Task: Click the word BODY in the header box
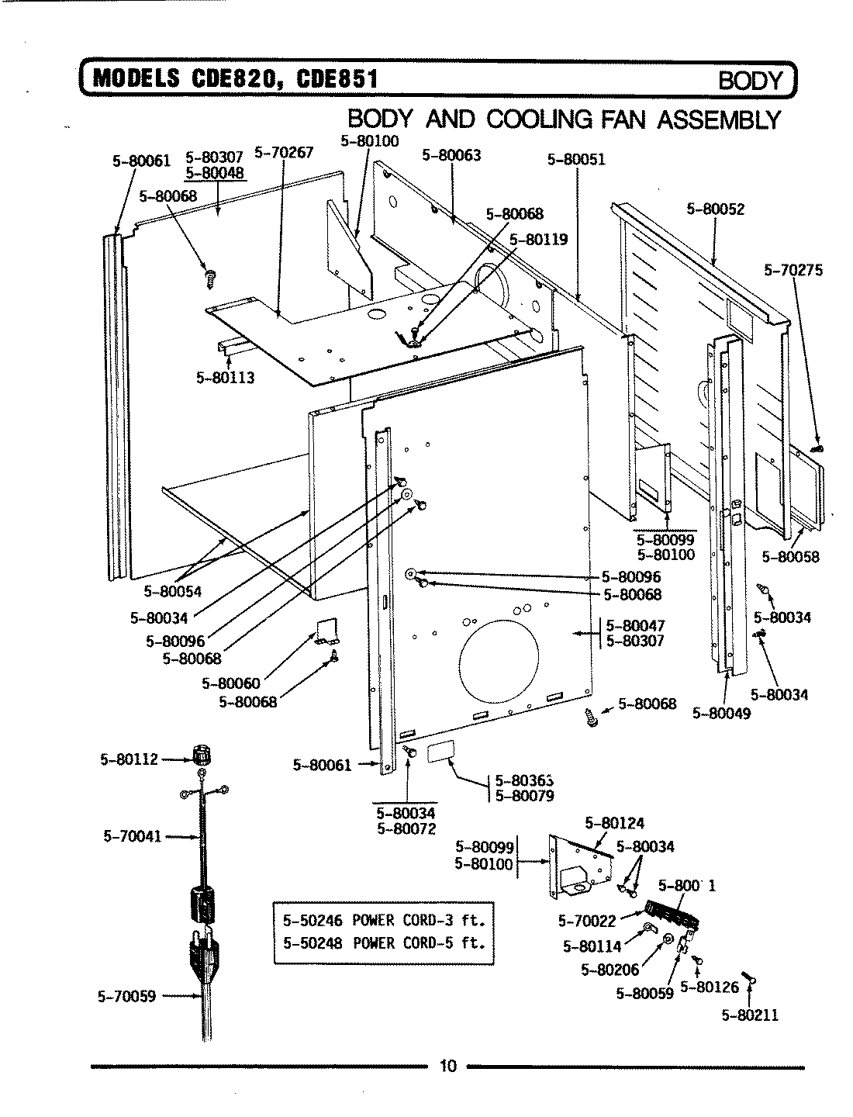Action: point(751,81)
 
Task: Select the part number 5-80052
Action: point(715,209)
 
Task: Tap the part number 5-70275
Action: point(793,271)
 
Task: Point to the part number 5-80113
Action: point(226,378)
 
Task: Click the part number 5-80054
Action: point(172,592)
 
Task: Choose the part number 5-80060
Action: point(231,683)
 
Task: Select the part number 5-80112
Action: point(129,759)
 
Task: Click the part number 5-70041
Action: point(132,836)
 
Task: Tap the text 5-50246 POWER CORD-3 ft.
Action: point(384,922)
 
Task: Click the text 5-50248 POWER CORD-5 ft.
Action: point(384,943)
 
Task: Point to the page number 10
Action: point(447,1066)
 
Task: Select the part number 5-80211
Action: point(750,1015)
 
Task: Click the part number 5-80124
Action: point(614,823)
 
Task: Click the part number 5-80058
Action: point(790,557)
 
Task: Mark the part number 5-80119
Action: point(538,240)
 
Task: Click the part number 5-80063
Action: point(451,155)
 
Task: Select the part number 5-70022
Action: point(586,922)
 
